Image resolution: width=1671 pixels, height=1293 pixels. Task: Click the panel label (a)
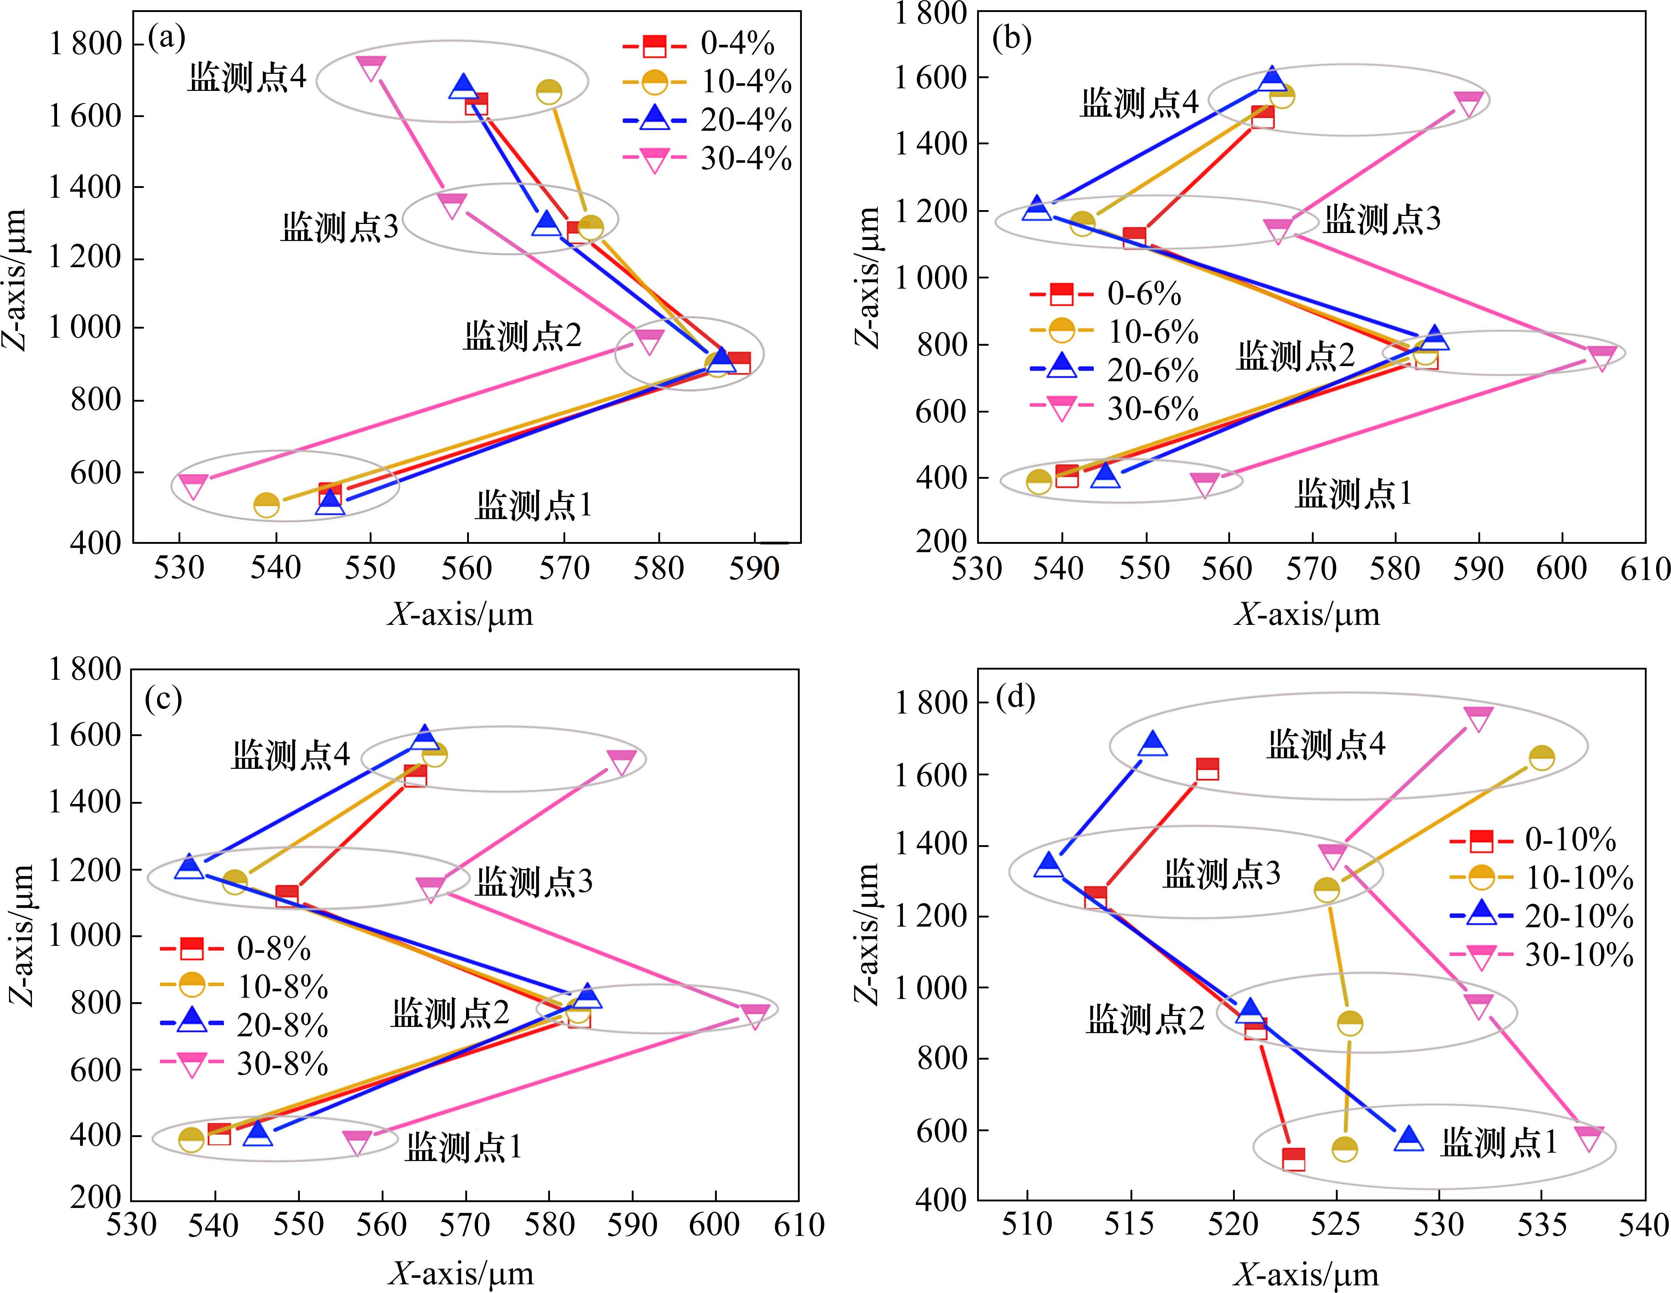(x=167, y=37)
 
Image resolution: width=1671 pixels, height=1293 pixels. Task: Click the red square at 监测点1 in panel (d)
(x=1293, y=1159)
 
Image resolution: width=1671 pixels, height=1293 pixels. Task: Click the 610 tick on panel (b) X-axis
(x=1645, y=569)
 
